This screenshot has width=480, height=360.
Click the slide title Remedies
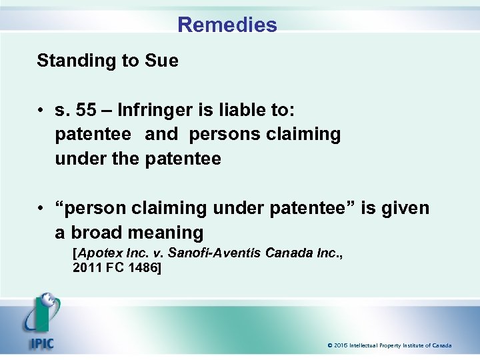click(227, 25)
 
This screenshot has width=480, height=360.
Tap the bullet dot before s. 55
click(41, 109)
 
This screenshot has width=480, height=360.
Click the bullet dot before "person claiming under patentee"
click(41, 209)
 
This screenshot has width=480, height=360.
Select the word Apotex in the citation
click(97, 254)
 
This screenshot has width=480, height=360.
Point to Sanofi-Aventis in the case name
click(215, 254)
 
